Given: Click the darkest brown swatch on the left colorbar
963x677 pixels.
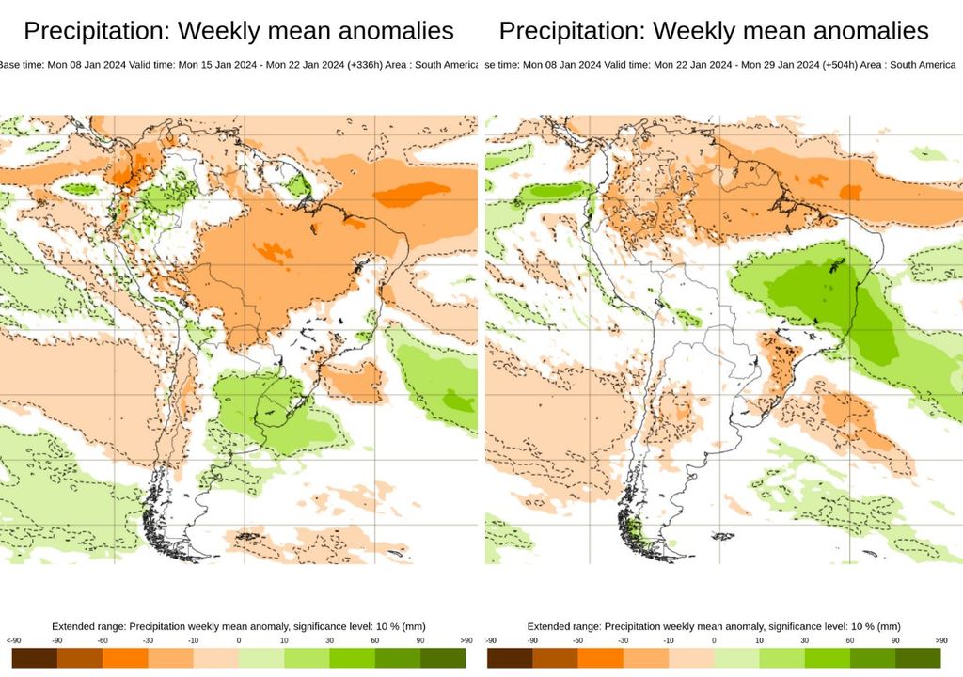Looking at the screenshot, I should pyautogui.click(x=35, y=658).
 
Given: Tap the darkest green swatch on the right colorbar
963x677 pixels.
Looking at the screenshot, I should pyautogui.click(x=918, y=658).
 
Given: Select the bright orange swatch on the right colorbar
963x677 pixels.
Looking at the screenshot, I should pyautogui.click(x=601, y=658).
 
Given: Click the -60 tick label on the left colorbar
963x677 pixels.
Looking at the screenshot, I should pyautogui.click(x=103, y=641).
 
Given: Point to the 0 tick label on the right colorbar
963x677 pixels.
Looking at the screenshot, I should pyautogui.click(x=715, y=641).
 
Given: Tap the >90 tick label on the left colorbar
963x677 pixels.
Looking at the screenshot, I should pyautogui.click(x=466, y=641).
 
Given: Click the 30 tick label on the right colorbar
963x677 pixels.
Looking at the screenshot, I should pyautogui.click(x=805, y=641).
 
